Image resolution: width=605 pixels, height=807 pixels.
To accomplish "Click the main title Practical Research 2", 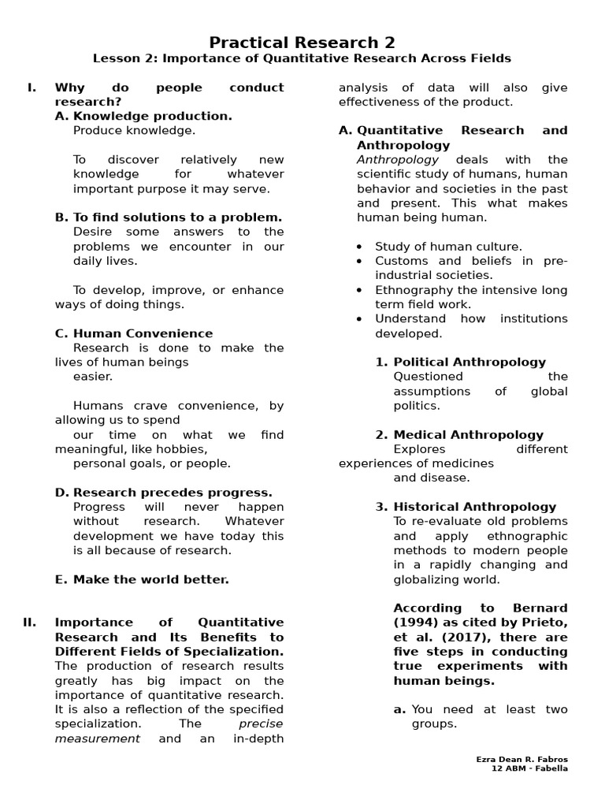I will coord(302,42).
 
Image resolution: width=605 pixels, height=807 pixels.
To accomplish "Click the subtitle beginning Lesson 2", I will coord(302,58).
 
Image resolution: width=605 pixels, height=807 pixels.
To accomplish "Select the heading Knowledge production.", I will coord(152,116).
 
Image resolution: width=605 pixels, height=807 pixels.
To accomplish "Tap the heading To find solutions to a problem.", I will coord(177,218).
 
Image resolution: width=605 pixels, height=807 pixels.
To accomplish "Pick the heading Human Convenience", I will coord(143,333).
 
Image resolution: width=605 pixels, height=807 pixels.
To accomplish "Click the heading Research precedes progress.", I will coord(173,493).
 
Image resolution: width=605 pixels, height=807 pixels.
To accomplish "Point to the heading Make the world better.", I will coord(150,579).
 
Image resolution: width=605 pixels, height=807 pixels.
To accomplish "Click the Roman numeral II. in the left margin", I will coord(30,623).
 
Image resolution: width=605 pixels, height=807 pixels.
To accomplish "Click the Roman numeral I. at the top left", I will coord(32,87).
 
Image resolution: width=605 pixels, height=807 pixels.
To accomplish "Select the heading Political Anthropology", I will coord(470,362).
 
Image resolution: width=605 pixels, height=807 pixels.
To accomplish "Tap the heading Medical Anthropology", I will coord(468,434).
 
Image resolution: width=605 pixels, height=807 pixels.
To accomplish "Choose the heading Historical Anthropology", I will coord(474,507).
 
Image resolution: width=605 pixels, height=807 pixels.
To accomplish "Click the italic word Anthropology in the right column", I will coord(398,160).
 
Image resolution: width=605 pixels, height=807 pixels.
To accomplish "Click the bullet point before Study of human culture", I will coord(359,247).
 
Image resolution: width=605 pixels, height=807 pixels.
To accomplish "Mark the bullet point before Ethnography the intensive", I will coord(359,291).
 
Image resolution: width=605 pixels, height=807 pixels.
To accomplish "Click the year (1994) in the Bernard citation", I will coord(414,623).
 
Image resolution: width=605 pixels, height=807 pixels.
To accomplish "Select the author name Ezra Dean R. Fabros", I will coord(521,759).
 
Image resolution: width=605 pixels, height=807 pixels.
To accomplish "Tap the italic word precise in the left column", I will coord(261,723).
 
